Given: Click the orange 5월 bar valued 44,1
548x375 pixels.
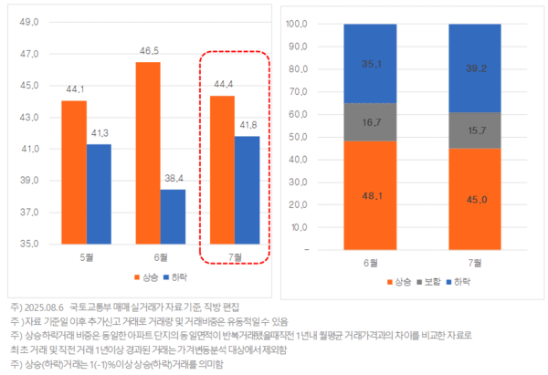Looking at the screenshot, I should [x=74, y=172].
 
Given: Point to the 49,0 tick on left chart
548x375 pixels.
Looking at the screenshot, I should [x=28, y=23].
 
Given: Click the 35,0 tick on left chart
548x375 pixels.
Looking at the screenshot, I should [x=28, y=245].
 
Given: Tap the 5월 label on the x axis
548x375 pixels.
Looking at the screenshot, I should [x=87, y=257].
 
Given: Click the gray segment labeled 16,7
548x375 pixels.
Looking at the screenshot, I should [x=370, y=121].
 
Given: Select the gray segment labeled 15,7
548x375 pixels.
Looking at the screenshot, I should [x=474, y=130].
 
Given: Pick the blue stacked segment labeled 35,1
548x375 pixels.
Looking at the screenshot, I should [x=370, y=64].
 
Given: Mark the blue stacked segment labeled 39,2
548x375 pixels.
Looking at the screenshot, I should [x=474, y=68].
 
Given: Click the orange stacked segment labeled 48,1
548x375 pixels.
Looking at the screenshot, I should [x=370, y=194].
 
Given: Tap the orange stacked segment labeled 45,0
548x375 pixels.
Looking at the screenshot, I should [x=474, y=198].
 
